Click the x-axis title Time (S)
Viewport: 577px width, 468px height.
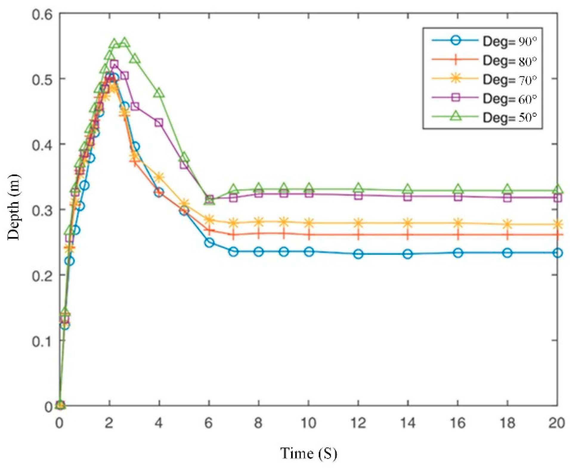(308, 453)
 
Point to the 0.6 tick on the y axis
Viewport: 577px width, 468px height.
(42, 14)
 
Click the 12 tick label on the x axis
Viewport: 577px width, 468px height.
(358, 423)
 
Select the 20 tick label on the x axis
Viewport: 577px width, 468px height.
(557, 423)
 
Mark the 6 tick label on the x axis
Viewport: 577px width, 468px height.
(209, 423)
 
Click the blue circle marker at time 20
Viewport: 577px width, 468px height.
(557, 253)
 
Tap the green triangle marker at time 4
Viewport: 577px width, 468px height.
(159, 93)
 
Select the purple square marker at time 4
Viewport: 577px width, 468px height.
(159, 123)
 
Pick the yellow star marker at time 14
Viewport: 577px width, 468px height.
(408, 223)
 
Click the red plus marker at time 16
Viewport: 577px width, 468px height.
(458, 235)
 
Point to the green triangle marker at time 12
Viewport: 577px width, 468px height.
(358, 188)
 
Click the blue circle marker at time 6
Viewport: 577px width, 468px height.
(209, 242)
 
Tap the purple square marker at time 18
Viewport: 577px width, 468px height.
(508, 198)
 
